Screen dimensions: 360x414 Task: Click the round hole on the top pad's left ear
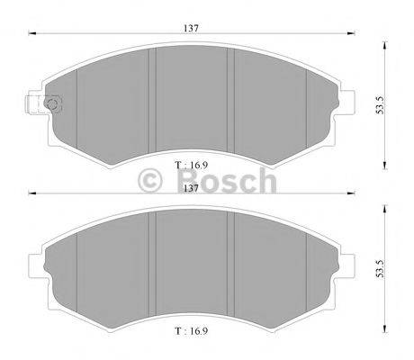pyautogui.click(x=51, y=105)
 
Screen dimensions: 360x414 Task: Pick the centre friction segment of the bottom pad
pyautogui.click(x=193, y=265)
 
